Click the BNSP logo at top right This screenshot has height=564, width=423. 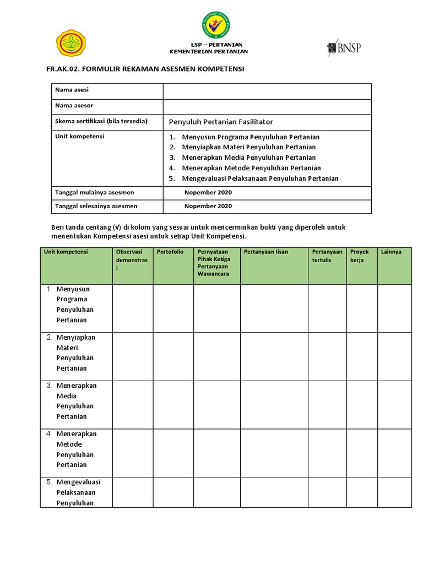pos(344,48)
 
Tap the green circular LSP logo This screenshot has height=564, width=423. pos(215,26)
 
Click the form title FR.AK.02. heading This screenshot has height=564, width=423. pos(144,69)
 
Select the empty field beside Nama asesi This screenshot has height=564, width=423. pos(267,91)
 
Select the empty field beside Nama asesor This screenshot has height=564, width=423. pos(267,106)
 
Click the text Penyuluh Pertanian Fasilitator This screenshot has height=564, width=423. pos(220,122)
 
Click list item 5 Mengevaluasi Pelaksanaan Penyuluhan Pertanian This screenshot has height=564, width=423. pos(260,178)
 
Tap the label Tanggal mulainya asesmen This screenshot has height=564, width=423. pos(94,192)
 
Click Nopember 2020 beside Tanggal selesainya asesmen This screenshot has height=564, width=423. pos(208,206)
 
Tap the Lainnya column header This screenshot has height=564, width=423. pos(391,252)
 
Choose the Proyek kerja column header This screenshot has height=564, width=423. pos(360,256)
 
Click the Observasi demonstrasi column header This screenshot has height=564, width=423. pos(132,260)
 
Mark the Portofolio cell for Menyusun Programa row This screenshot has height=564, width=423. pos(173,308)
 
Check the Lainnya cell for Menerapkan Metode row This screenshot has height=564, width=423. pos(394,453)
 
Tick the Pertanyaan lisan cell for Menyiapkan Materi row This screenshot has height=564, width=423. pos(274,356)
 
